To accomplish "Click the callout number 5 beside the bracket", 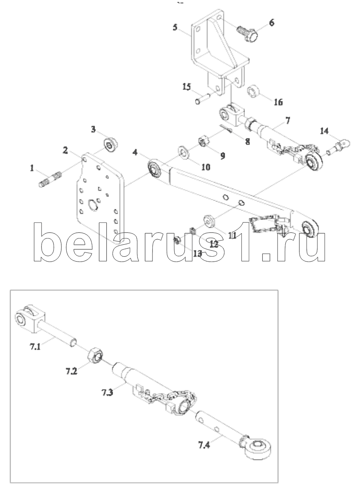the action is [x=175, y=28].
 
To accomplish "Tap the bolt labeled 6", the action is [x=247, y=34].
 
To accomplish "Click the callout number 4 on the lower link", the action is [x=135, y=152].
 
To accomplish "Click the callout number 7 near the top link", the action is [x=288, y=120].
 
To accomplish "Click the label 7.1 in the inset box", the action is [x=35, y=347].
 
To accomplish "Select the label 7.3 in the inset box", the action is [x=108, y=392].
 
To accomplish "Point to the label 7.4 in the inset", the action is [x=204, y=444].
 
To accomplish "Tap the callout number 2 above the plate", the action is [x=65, y=150].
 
